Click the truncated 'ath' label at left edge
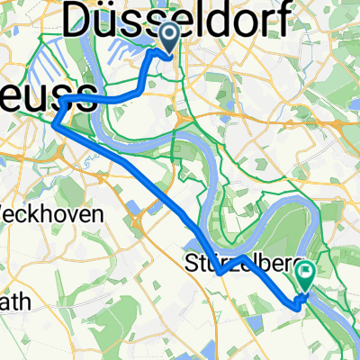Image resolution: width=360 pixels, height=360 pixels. pos(15,302)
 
